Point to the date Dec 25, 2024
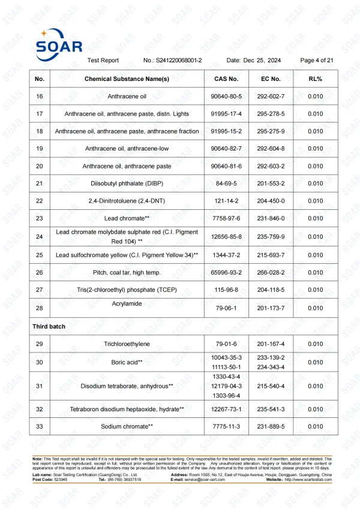(x=262, y=61)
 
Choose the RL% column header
(x=315, y=79)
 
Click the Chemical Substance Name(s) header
(x=127, y=79)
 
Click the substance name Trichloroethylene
(x=127, y=344)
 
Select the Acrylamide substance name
(x=127, y=303)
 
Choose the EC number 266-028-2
(x=271, y=273)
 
